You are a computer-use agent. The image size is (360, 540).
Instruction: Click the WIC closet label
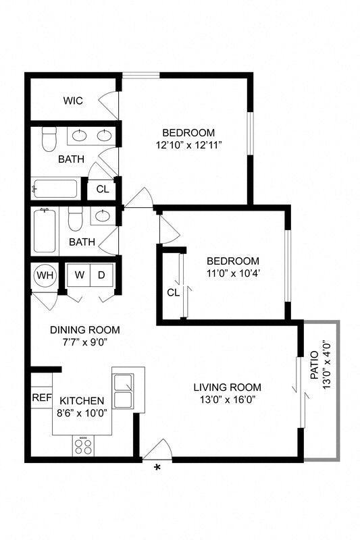(73, 101)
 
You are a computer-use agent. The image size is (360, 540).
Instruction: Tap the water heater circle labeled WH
(45, 275)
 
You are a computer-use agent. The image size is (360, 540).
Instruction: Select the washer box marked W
(79, 275)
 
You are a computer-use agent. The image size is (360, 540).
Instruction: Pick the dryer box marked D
(101, 275)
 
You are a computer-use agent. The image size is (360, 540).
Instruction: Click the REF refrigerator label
(41, 398)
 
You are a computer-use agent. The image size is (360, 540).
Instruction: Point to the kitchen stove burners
(84, 446)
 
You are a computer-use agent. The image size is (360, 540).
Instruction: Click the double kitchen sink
(123, 391)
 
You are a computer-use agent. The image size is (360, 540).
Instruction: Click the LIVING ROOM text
(227, 387)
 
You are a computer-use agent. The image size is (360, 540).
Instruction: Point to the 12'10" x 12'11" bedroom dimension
(188, 144)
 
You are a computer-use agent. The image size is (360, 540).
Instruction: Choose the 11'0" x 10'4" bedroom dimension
(232, 273)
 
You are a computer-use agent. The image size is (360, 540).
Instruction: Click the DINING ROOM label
(85, 330)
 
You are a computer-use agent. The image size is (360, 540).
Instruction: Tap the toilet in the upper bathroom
(49, 140)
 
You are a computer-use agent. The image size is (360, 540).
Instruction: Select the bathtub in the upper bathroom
(55, 188)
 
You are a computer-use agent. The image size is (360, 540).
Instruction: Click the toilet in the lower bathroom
(75, 219)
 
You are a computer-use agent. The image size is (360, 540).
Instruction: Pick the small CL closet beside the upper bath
(102, 189)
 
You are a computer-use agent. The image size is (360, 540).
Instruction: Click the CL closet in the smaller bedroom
(173, 292)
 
